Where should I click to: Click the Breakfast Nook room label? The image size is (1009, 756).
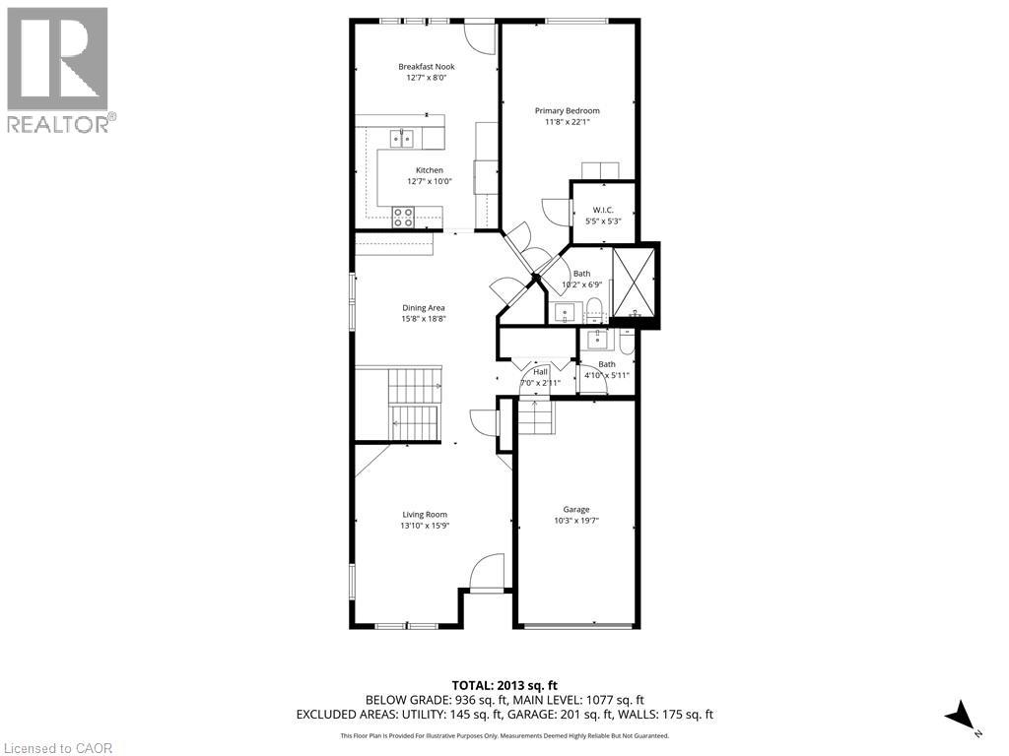(427, 67)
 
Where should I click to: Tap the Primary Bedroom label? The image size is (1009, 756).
(567, 111)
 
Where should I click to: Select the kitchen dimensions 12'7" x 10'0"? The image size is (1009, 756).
(429, 181)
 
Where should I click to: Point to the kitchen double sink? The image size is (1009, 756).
(400, 138)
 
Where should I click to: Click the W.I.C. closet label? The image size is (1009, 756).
(603, 210)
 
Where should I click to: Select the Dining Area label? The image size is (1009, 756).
(423, 308)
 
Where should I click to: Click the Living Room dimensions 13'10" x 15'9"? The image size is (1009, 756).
(425, 526)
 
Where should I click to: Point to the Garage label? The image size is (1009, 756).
(576, 510)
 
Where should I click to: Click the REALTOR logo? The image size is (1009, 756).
(58, 70)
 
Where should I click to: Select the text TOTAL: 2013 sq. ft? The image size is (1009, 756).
(504, 685)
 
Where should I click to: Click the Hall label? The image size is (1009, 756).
(540, 372)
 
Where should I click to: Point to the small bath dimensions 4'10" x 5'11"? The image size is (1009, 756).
(606, 375)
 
